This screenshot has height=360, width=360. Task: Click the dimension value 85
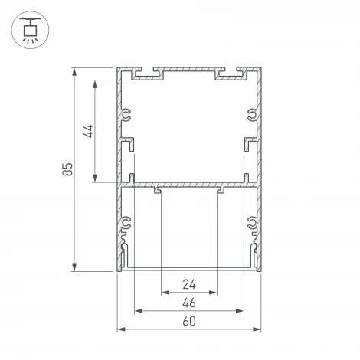[x=67, y=170]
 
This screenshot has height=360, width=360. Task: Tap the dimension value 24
[x=188, y=284]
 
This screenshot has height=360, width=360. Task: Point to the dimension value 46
[x=188, y=303]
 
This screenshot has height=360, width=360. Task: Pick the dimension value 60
[x=188, y=322]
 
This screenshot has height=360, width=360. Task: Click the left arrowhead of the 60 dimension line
[x=121, y=330]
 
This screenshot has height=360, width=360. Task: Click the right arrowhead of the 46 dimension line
[x=241, y=311]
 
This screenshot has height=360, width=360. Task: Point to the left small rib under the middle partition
[x=157, y=190]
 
